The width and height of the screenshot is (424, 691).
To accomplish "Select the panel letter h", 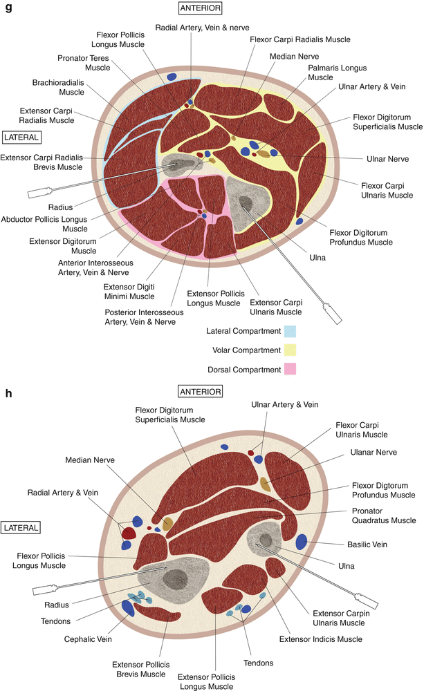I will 8,394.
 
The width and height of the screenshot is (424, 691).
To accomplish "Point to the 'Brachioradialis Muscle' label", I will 57,86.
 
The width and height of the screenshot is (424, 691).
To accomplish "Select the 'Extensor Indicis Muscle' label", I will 320,639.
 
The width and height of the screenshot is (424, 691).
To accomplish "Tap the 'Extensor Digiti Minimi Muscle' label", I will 129,291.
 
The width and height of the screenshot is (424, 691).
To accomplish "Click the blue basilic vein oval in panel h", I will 302,542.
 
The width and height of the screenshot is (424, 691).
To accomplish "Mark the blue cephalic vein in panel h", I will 127,607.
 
